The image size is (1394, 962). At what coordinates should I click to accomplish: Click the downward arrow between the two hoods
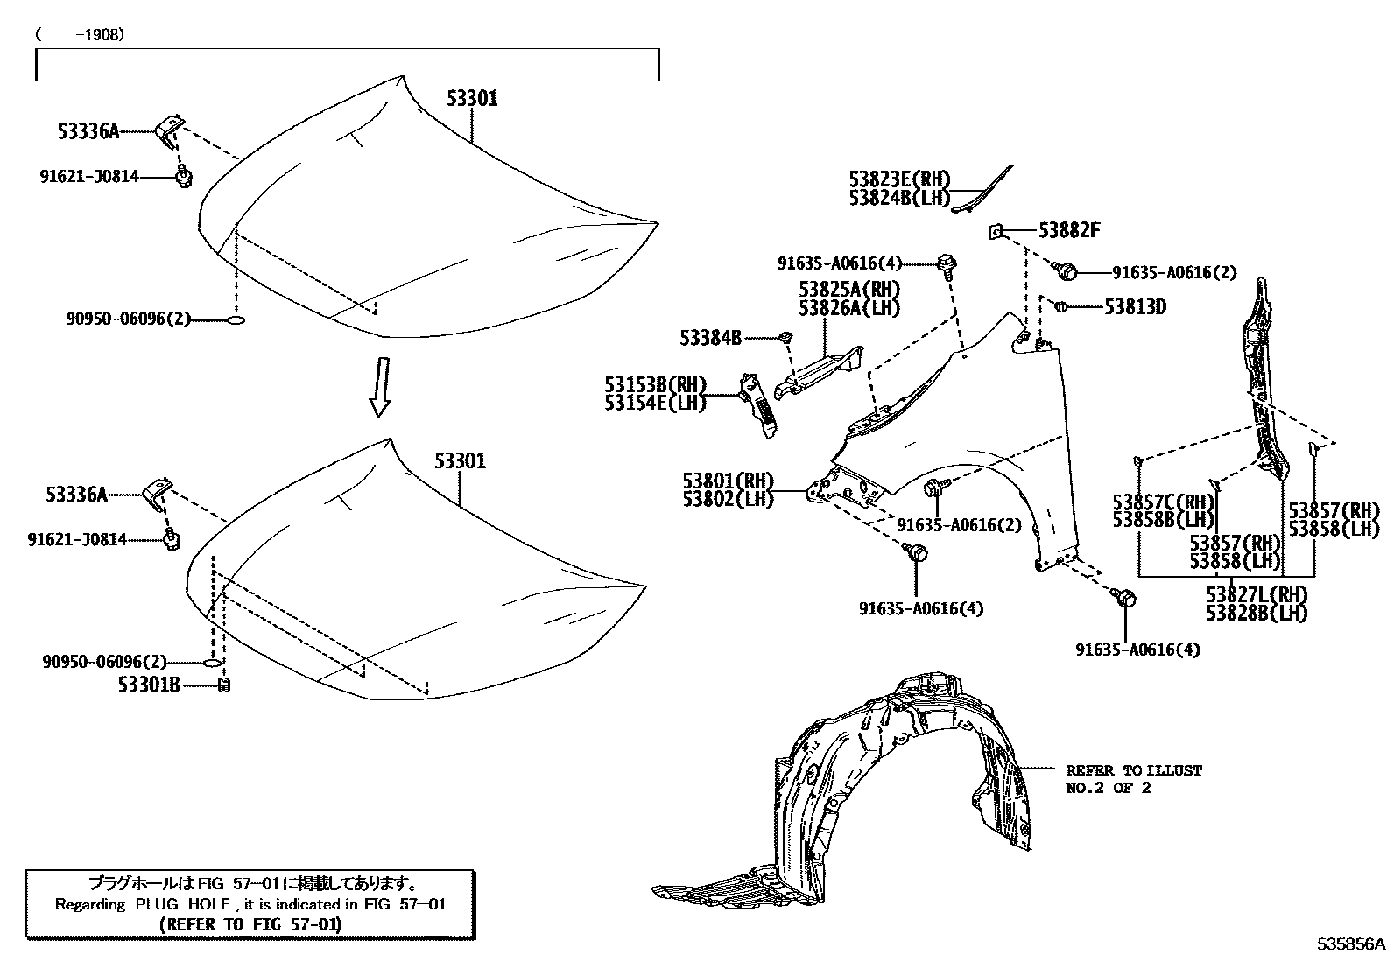(x=379, y=385)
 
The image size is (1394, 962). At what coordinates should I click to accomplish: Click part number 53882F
(x=1069, y=230)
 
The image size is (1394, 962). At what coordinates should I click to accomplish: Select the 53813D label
(x=1135, y=306)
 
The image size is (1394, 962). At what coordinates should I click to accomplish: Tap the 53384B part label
(x=710, y=337)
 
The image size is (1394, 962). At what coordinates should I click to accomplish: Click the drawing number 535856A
(x=1353, y=944)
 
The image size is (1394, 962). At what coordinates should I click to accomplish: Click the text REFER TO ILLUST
(x=1134, y=770)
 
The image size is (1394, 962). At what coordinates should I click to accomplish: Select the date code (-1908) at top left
(x=80, y=35)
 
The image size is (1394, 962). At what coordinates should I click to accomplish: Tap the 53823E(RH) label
(x=899, y=179)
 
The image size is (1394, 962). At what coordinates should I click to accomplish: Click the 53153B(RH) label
(x=654, y=384)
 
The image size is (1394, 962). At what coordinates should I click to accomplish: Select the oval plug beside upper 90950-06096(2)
(x=236, y=320)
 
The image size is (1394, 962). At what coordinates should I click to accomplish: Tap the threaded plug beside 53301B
(x=223, y=685)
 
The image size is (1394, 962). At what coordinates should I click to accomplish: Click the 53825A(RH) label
(x=848, y=289)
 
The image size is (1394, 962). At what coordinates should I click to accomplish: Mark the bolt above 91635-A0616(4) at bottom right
(x=1126, y=598)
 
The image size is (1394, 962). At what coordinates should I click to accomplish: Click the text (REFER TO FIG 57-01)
(x=250, y=923)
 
